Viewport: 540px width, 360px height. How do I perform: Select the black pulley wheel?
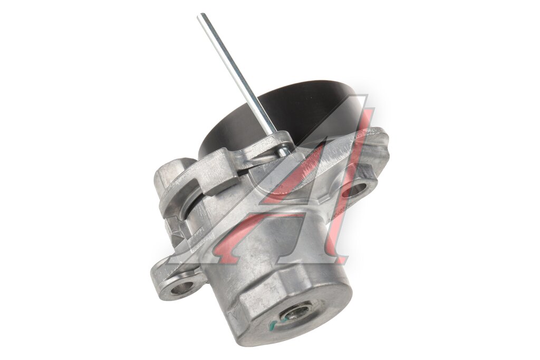point(283,113)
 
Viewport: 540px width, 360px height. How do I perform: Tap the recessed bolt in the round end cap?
point(294,312)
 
